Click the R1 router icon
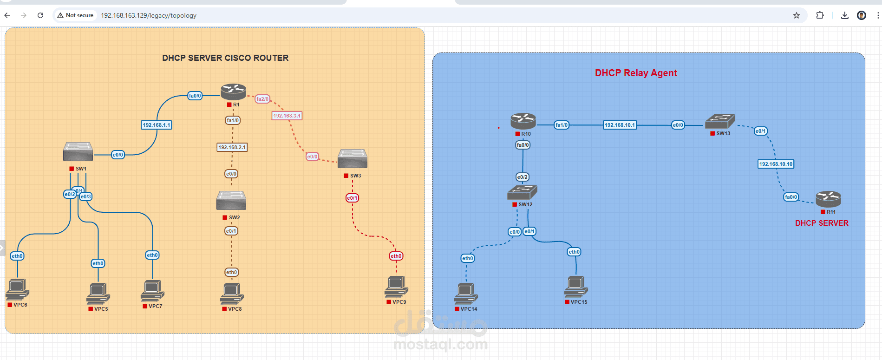pos(233,92)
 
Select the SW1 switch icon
pos(78,152)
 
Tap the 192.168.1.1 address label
pos(157,125)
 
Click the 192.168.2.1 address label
pos(232,147)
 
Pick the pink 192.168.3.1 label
pos(287,116)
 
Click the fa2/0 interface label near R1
pos(262,99)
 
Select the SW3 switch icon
pos(353,159)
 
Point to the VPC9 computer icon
pos(396,286)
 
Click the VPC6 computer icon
pos(17,289)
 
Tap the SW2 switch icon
pos(231,200)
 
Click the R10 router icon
pos(523,121)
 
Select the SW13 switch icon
pos(720,121)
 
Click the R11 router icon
pos(828,199)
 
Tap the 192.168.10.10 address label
pos(776,164)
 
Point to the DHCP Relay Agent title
pos(636,73)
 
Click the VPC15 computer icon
pos(576,286)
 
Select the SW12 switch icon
pos(522,192)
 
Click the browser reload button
pos(40,15)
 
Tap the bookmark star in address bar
pos(797,15)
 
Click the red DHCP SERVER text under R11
pos(822,223)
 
